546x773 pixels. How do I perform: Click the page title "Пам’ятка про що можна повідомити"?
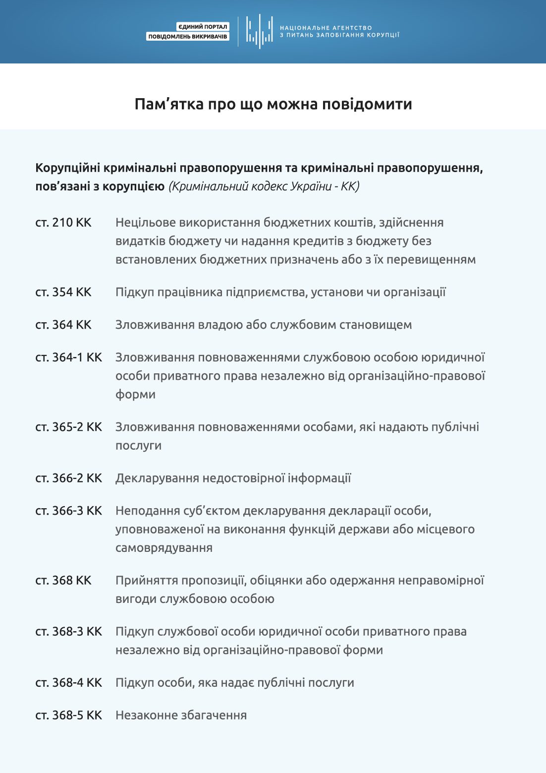273,104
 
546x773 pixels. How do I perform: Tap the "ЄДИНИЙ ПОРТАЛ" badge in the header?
203,27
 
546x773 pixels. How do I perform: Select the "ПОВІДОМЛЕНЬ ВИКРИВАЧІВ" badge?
188,37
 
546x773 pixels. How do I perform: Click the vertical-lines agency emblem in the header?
259,31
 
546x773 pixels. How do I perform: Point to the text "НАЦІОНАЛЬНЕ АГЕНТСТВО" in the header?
326,28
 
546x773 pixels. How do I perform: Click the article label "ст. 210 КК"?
63,223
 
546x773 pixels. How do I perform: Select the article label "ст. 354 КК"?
63,292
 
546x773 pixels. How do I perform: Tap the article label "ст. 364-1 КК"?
68,357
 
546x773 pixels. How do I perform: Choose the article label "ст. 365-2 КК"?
68,427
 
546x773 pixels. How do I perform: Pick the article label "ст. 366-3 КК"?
68,511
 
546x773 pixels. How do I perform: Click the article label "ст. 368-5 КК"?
68,715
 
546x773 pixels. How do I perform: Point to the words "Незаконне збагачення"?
181,715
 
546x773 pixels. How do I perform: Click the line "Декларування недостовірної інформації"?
233,478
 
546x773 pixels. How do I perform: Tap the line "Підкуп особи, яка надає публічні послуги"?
234,682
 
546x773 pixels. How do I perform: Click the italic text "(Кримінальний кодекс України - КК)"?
264,186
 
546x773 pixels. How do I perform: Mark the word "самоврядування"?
164,548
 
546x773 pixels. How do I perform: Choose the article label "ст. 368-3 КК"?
68,631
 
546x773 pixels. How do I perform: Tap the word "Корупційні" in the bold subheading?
68,168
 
